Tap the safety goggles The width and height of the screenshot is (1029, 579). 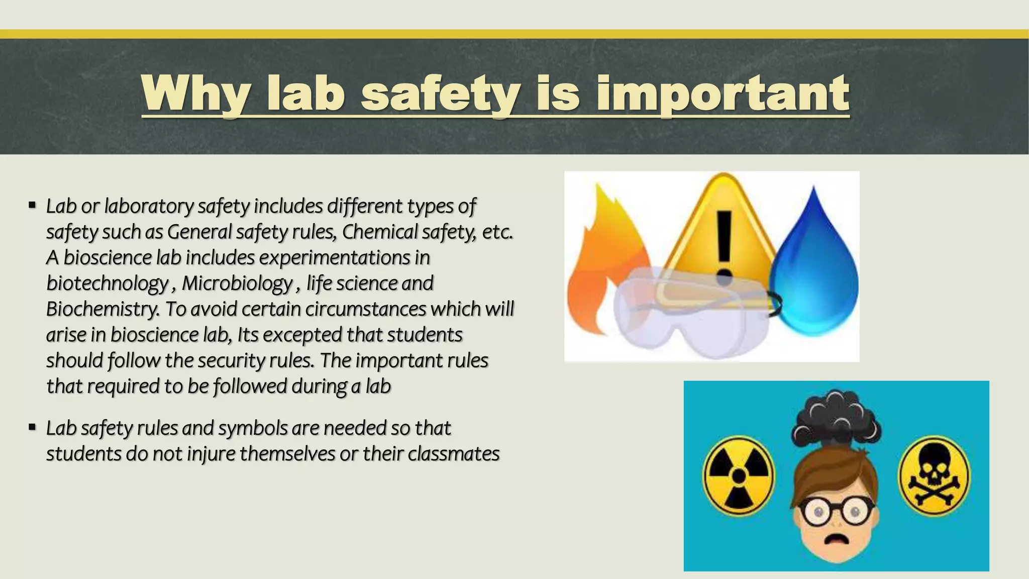pos(693,312)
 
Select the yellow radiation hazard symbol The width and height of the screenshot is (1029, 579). pos(738,475)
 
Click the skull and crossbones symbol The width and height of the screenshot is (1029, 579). pos(934,475)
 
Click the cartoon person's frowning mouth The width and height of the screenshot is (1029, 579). pos(836,538)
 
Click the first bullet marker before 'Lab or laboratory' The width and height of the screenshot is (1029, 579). pos(32,206)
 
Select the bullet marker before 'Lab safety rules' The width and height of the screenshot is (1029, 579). pos(32,428)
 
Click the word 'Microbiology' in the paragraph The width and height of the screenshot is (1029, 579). pos(237,283)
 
